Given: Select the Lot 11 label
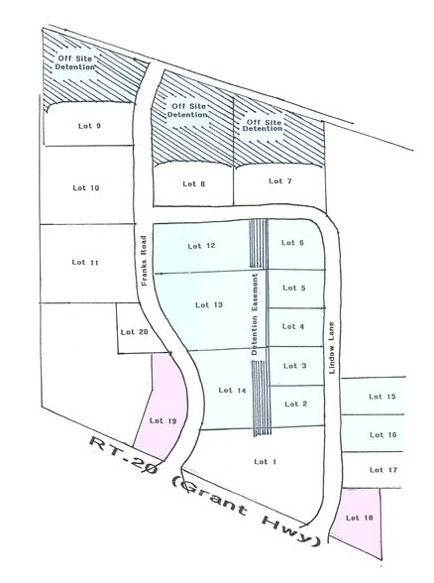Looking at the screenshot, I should (x=86, y=262).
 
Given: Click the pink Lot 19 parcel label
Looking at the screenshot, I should (x=163, y=420).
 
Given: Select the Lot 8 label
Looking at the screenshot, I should (x=194, y=183).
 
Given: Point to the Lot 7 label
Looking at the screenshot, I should (x=280, y=180).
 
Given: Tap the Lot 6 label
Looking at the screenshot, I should (x=294, y=243).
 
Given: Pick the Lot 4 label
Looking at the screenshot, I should (x=294, y=326).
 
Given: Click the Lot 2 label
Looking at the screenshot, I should (x=296, y=404).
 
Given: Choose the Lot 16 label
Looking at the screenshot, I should (x=382, y=434).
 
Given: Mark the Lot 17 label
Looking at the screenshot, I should (x=382, y=469).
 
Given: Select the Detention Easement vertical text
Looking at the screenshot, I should (x=256, y=314).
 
